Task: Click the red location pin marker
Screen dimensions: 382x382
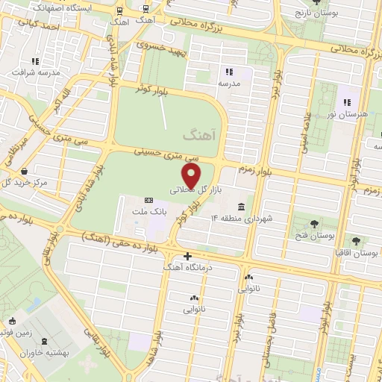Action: [192, 176]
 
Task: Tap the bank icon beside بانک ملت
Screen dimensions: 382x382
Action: [148, 200]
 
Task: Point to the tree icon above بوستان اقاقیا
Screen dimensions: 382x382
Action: [356, 240]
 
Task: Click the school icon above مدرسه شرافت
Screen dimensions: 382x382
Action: [34, 61]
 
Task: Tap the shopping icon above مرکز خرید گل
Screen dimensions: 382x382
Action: [26, 170]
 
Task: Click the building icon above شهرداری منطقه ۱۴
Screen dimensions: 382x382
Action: [241, 206]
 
